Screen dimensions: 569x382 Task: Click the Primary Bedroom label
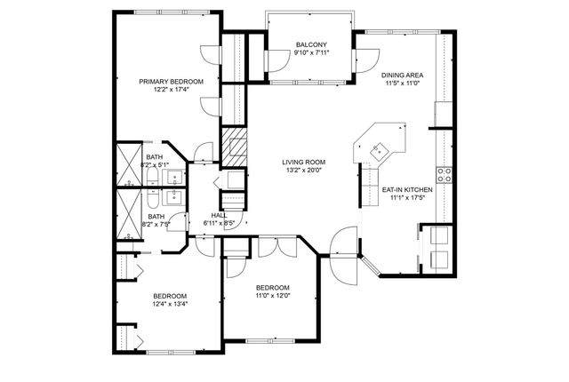(171, 82)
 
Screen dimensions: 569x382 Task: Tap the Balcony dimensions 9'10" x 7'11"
(311, 52)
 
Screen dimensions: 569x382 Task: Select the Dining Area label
(402, 76)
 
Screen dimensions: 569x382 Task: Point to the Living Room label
(304, 162)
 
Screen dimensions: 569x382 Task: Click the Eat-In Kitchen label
(407, 190)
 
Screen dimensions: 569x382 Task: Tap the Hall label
(219, 216)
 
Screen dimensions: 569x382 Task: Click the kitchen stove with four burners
(445, 175)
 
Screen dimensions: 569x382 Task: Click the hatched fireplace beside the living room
(234, 147)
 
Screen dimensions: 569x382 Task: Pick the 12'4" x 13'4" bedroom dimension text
(170, 304)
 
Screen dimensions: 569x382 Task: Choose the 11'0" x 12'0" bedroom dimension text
(273, 295)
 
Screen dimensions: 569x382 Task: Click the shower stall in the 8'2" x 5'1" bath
(129, 164)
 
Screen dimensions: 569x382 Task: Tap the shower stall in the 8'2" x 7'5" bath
(129, 214)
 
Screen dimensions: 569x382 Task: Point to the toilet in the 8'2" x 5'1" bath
(153, 178)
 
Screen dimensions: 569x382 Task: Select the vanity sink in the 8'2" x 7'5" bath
(175, 198)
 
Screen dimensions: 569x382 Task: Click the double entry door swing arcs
(344, 256)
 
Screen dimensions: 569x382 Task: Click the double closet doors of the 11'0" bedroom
(277, 246)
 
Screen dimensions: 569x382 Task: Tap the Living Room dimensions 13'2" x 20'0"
(304, 170)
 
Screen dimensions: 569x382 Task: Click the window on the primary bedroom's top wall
(172, 12)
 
